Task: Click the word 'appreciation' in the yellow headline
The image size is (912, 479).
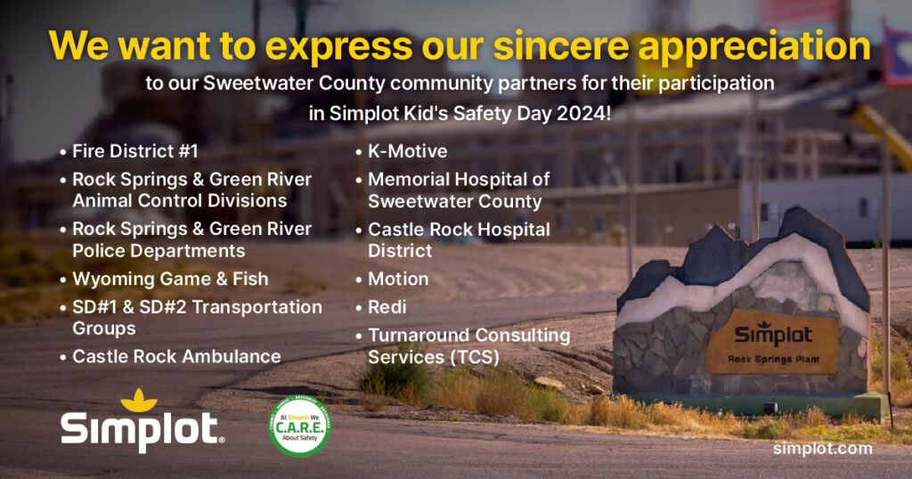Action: (753, 46)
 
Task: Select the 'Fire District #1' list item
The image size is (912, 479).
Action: (135, 151)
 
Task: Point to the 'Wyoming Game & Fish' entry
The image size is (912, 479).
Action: (170, 279)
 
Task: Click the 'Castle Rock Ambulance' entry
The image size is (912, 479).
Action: (177, 356)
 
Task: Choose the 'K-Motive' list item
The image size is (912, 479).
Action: (408, 151)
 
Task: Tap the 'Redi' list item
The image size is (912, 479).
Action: (387, 307)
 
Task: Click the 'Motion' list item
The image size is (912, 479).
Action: (398, 279)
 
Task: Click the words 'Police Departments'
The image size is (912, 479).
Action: (159, 250)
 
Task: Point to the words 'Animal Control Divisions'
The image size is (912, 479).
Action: (180, 200)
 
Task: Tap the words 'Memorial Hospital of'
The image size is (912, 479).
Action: (459, 179)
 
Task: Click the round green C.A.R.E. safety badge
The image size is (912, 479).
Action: (300, 426)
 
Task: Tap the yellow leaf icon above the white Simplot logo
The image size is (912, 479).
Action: (138, 400)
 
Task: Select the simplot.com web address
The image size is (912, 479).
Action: (823, 449)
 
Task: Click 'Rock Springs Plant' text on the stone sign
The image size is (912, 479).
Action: (774, 360)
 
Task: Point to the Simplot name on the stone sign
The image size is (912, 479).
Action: (773, 334)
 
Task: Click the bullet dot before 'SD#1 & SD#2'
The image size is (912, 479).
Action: (63, 308)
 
